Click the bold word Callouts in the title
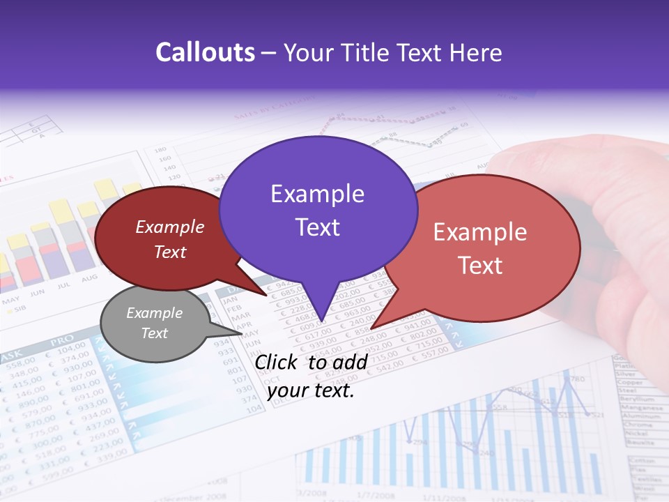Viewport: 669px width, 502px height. pyautogui.click(x=205, y=52)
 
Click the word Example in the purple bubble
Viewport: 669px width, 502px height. pyautogui.click(x=317, y=194)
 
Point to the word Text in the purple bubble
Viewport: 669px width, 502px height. pyautogui.click(x=317, y=227)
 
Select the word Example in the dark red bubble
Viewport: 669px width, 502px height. pyautogui.click(x=169, y=227)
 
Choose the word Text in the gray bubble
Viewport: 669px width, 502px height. pyautogui.click(x=154, y=333)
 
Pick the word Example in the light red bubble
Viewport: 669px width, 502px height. pyautogui.click(x=479, y=232)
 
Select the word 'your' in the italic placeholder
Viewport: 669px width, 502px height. pyautogui.click(x=288, y=390)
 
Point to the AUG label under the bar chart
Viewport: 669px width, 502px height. pyautogui.click(x=89, y=279)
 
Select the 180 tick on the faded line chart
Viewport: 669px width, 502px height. pyautogui.click(x=160, y=150)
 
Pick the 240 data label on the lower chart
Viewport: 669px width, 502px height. pyautogui.click(x=486, y=452)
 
